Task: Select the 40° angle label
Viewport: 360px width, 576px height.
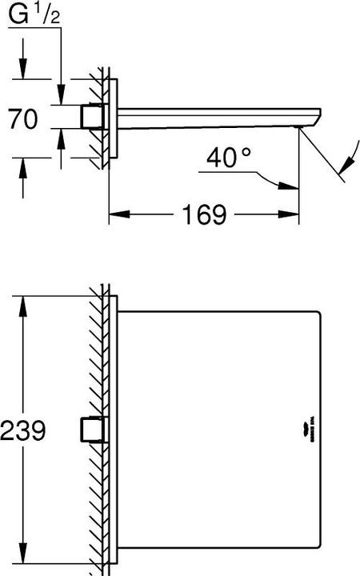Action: [228, 158]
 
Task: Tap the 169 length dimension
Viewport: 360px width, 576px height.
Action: [203, 214]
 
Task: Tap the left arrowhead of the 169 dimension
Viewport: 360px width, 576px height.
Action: [117, 214]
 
